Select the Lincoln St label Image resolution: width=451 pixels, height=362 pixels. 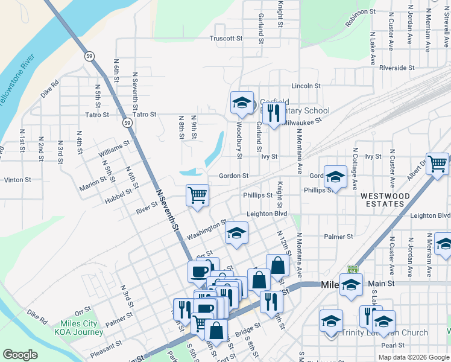click(306, 86)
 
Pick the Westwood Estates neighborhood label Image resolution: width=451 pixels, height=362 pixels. click(385, 200)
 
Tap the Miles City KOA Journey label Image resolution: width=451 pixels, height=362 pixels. click(78, 328)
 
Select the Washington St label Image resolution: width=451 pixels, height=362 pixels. click(206, 229)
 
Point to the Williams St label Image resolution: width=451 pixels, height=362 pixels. click(115, 146)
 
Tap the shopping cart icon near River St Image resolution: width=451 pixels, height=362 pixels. click(197, 195)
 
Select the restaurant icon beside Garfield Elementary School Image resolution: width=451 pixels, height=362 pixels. click(274, 112)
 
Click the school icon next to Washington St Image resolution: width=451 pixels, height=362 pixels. click(237, 232)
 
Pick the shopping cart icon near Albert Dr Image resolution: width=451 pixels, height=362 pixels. click(437, 162)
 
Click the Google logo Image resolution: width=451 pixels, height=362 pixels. click(20, 355)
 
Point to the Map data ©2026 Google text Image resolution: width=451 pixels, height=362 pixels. click(414, 357)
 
